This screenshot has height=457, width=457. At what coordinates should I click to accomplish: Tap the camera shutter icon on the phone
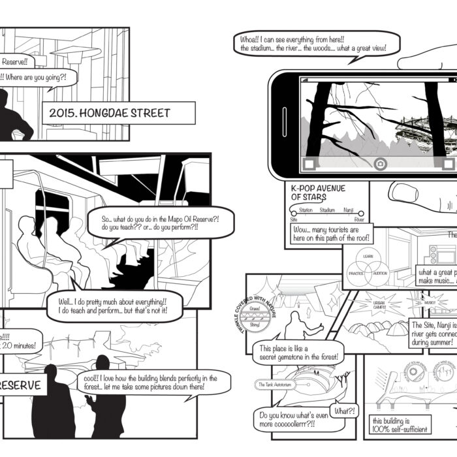point(381,164)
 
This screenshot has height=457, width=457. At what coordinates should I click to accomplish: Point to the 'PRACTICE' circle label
point(356,274)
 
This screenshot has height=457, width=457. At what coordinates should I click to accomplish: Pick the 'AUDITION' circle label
point(380,274)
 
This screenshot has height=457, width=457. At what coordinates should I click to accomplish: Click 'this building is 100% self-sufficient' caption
point(400,424)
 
